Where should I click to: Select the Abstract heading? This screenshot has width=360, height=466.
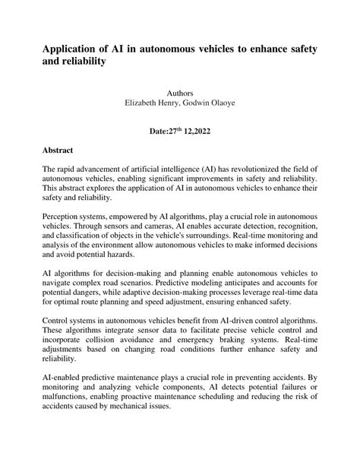pos(61,151)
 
